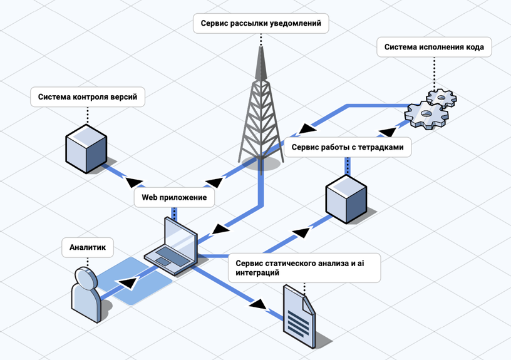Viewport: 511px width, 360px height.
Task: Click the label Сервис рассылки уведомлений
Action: pyautogui.click(x=261, y=24)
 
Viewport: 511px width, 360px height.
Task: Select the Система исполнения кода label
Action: pyautogui.click(x=433, y=47)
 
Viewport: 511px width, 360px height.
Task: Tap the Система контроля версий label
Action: pyautogui.click(x=88, y=97)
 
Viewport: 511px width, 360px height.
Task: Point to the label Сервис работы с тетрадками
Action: pyautogui.click(x=348, y=148)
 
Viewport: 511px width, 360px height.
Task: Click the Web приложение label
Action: pyautogui.click(x=174, y=198)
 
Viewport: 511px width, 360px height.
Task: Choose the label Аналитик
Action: pyautogui.click(x=87, y=248)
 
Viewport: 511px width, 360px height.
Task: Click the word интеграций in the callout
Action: pyautogui.click(x=257, y=273)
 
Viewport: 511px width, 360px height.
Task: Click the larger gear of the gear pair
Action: pyautogui.click(x=426, y=116)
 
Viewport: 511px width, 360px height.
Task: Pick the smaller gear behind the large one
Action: pyautogui.click(x=441, y=98)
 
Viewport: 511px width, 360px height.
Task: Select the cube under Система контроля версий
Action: pyautogui.click(x=86, y=148)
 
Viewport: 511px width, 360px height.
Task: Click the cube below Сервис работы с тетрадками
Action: pyautogui.click(x=345, y=198)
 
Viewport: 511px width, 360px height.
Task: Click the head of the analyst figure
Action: pyautogui.click(x=85, y=278)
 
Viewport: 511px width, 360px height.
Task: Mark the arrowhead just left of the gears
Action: pyautogui.click(x=388, y=131)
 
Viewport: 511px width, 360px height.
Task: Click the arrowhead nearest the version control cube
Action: pyautogui.click(x=133, y=182)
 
